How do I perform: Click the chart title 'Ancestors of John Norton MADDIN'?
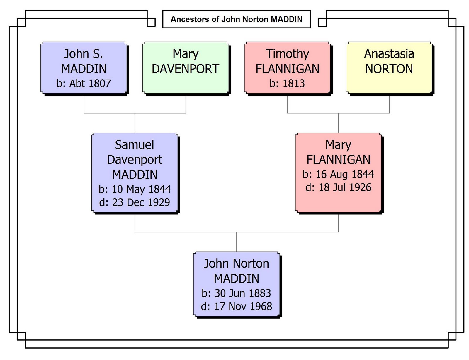point(236,19)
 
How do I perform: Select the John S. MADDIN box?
point(84,68)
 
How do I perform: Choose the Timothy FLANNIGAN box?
point(287,68)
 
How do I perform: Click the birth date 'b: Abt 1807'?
point(84,84)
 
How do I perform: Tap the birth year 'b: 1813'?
point(287,84)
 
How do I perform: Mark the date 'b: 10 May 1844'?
point(135,189)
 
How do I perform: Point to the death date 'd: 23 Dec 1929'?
point(135,202)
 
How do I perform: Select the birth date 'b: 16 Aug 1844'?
point(338,174)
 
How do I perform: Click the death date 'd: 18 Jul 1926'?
point(338,187)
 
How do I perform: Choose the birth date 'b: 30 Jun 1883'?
point(236,293)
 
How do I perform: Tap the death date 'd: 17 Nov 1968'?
point(236,306)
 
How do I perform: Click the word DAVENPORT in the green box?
point(186,69)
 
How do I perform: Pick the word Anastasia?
point(389,54)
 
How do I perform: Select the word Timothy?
point(287,54)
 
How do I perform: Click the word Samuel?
point(135,145)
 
